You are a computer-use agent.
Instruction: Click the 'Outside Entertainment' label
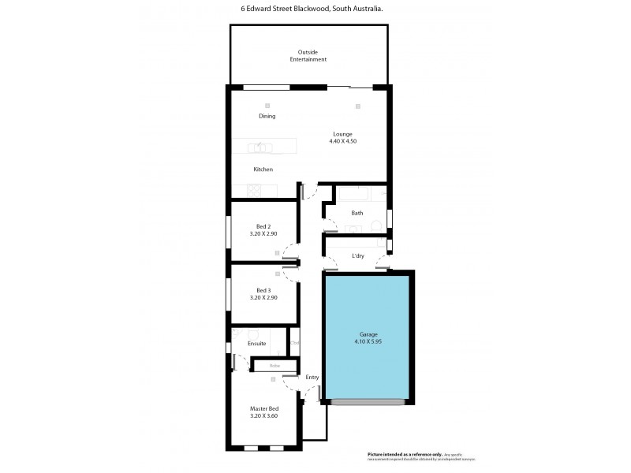click(x=307, y=56)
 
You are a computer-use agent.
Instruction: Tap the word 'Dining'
click(x=267, y=117)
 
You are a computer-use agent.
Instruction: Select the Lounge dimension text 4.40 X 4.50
click(x=343, y=141)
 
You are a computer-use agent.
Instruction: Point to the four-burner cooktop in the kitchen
click(x=258, y=190)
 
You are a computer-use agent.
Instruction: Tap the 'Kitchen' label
click(x=263, y=169)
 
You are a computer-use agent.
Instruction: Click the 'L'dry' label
click(x=357, y=256)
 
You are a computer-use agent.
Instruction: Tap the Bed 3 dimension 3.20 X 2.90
click(x=262, y=298)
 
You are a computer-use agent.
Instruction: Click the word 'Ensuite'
click(x=257, y=344)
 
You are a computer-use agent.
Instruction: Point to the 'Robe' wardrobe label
click(x=274, y=366)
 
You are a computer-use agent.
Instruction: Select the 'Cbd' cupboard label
click(x=294, y=343)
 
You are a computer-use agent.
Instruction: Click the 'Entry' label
click(x=312, y=378)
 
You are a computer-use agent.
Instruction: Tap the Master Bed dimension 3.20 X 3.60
click(x=264, y=415)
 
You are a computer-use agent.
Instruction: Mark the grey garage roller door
click(x=368, y=402)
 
